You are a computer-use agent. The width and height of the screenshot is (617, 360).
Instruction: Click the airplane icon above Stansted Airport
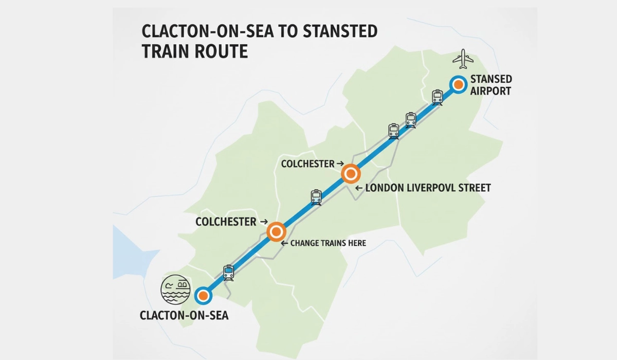tap(463, 59)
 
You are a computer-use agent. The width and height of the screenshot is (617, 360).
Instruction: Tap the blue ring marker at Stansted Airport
tap(458, 84)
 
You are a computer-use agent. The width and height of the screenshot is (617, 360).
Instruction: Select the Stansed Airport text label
tap(491, 85)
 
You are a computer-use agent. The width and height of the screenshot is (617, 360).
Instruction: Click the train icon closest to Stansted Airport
tap(437, 97)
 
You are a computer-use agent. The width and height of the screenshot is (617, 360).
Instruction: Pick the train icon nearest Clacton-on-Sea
tap(228, 272)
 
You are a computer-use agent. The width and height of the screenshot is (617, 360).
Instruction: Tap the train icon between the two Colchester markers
tap(316, 197)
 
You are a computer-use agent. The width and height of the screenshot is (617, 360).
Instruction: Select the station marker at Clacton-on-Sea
tap(204, 296)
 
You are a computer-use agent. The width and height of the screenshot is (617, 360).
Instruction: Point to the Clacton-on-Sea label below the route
tap(184, 315)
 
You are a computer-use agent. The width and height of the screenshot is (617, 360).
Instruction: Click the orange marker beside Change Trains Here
tap(276, 231)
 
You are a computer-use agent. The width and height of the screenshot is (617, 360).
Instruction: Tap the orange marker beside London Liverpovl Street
tap(350, 174)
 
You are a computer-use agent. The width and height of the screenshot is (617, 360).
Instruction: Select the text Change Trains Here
tap(328, 243)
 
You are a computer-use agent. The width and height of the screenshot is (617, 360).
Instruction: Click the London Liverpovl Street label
tap(428, 188)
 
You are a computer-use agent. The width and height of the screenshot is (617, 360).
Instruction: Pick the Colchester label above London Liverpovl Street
tap(308, 163)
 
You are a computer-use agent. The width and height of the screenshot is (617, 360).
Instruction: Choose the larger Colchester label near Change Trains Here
tap(226, 222)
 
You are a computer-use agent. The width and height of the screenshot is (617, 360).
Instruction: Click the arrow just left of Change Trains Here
tap(283, 243)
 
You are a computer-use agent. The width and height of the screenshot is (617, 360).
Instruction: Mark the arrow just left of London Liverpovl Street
tap(359, 188)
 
